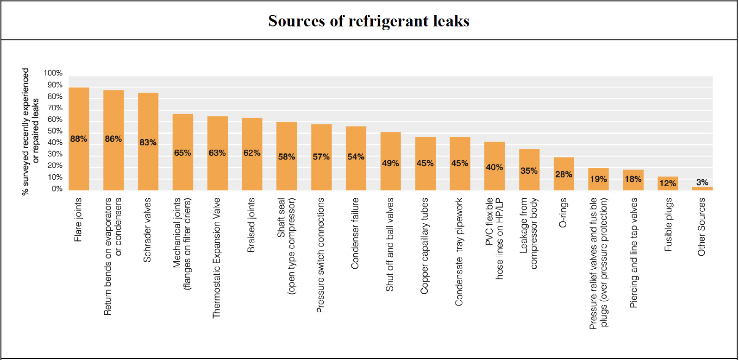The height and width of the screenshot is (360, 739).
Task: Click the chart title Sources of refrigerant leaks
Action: tap(369, 21)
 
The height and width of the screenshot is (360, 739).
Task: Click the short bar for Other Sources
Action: tap(702, 188)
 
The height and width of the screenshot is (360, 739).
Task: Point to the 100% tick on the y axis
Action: tap(53, 73)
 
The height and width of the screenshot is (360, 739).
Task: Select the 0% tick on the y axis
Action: tap(57, 189)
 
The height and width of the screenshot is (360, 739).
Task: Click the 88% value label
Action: tap(79, 139)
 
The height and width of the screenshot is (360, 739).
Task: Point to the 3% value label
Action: tap(702, 183)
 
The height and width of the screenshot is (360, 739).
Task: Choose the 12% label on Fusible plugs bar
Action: tap(667, 183)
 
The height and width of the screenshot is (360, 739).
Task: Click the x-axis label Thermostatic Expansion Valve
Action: tap(217, 258)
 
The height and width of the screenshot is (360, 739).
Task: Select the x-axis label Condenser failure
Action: tap(355, 234)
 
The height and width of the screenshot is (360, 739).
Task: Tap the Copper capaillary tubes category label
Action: tap(425, 246)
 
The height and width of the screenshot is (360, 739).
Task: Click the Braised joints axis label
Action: tap(251, 225)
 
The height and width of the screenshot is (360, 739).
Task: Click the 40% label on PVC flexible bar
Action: tap(494, 167)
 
